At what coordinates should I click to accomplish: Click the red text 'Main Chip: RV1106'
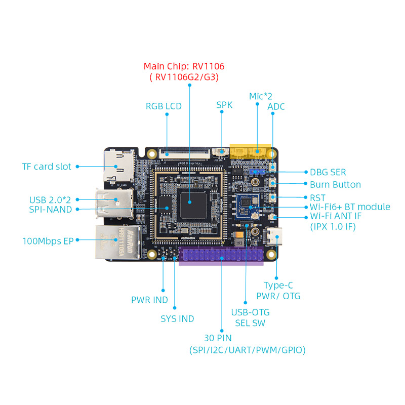click(x=184, y=66)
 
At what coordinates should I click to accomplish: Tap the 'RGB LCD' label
click(x=164, y=106)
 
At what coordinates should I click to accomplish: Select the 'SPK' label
click(x=224, y=105)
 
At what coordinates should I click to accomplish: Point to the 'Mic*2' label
click(x=261, y=96)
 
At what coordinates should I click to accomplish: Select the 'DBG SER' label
click(x=328, y=173)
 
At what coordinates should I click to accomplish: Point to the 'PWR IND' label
click(x=149, y=300)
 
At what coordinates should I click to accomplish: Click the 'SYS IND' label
click(x=177, y=318)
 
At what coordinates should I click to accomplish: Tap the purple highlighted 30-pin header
click(x=221, y=257)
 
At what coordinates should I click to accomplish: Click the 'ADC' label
click(x=276, y=106)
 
